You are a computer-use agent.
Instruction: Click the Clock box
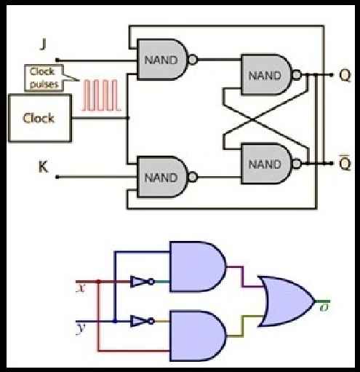coord(40,118)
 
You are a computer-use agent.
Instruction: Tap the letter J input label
coord(43,44)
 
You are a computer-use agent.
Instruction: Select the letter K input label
coord(44,167)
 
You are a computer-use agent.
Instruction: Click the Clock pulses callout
coord(44,78)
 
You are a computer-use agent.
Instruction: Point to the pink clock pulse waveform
coord(101,95)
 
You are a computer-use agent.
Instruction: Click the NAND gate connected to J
coord(162,60)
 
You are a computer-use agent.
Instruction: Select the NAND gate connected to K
coord(162,177)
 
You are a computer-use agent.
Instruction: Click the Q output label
coord(345,76)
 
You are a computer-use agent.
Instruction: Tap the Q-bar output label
coord(345,162)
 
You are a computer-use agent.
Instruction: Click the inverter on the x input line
coord(142,282)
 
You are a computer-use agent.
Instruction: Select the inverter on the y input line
coord(142,321)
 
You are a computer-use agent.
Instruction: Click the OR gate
coord(287,301)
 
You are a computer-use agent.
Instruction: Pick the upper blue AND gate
coord(198,266)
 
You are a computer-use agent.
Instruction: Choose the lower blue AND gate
coord(198,336)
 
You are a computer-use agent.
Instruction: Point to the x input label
coord(81,288)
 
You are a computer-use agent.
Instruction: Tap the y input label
coord(81,329)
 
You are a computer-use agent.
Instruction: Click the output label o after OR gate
coord(324,308)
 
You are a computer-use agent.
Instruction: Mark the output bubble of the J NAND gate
coord(193,60)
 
